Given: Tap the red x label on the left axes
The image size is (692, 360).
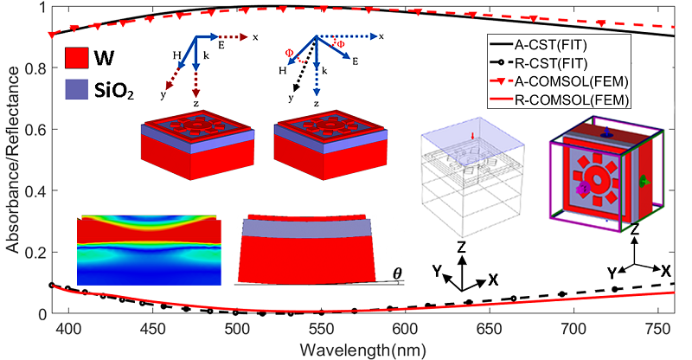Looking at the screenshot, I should tap(256, 37).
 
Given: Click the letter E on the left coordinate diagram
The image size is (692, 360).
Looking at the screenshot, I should tap(221, 43).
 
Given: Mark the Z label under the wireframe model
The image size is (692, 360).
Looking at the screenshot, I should tap(462, 247).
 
